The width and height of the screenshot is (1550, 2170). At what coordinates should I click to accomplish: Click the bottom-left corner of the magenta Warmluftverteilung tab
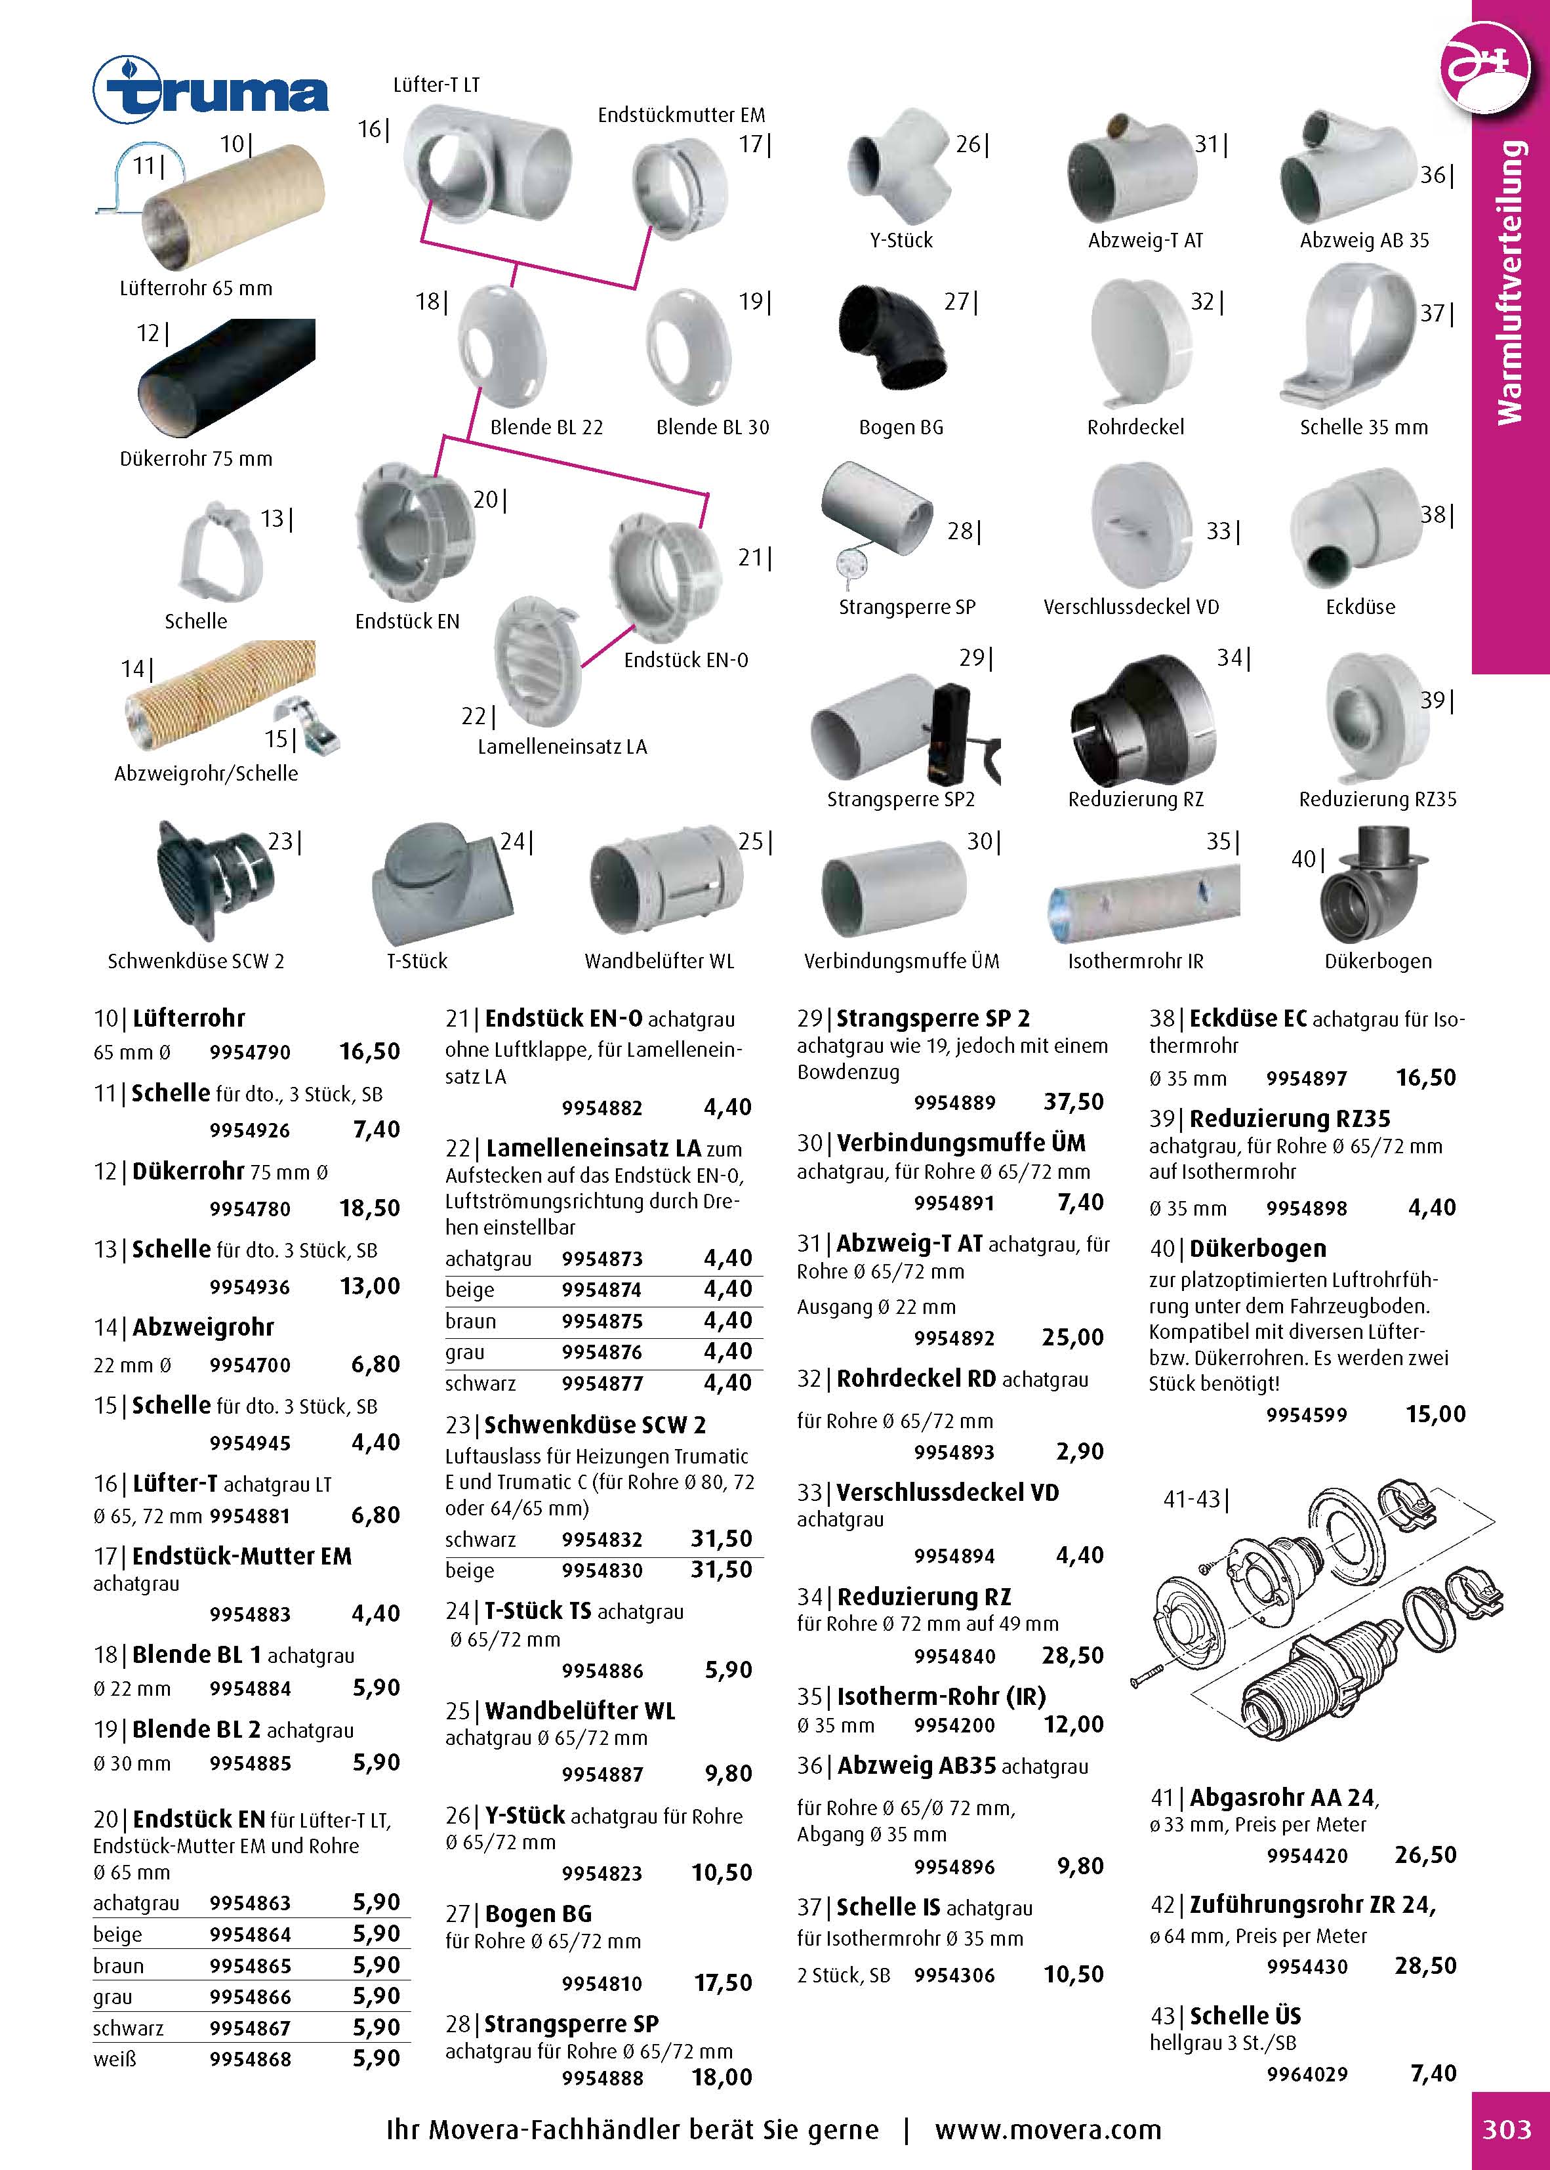(x=1472, y=674)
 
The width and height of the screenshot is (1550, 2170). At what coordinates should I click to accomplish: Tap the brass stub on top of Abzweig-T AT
(x=1116, y=125)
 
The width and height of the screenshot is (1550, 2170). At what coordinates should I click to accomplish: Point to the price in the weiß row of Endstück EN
(x=376, y=2058)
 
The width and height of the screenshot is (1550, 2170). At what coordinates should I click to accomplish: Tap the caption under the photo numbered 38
(x=1360, y=607)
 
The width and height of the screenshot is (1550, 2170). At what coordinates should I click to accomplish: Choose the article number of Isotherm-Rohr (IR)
(x=954, y=1725)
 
